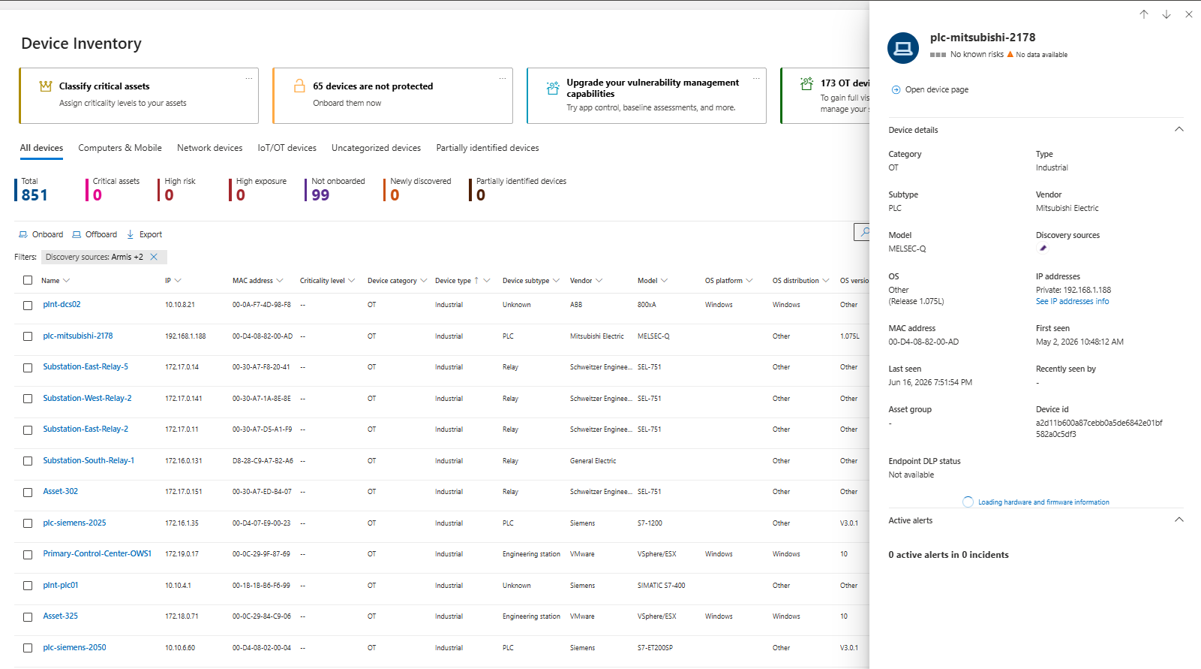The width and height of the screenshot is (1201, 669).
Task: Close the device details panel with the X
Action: (1188, 14)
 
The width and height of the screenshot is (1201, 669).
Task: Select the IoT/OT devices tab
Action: (287, 147)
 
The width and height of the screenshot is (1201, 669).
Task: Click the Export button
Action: (144, 234)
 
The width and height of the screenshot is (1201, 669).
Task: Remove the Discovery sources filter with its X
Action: (154, 257)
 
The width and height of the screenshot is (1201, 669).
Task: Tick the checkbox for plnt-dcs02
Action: (28, 306)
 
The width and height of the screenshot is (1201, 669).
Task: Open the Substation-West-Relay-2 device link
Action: (87, 398)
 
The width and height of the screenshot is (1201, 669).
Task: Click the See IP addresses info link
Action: (1072, 302)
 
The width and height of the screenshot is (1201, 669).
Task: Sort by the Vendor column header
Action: (581, 281)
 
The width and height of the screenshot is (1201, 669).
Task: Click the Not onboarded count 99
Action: (320, 194)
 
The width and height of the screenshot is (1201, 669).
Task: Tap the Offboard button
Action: (95, 234)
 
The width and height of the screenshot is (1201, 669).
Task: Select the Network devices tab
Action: (209, 147)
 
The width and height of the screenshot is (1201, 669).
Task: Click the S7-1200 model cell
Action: (650, 523)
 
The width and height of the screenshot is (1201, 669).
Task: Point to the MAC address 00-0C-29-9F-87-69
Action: (261, 554)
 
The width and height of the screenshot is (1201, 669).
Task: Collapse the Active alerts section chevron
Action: (1179, 520)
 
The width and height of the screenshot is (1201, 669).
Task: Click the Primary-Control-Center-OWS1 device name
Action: (97, 553)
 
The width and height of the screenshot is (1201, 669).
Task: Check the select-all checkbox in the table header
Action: (28, 280)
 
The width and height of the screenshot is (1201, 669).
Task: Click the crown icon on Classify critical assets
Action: (46, 86)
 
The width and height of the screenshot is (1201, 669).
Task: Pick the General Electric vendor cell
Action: (593, 461)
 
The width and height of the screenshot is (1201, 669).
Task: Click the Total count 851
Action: (35, 194)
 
